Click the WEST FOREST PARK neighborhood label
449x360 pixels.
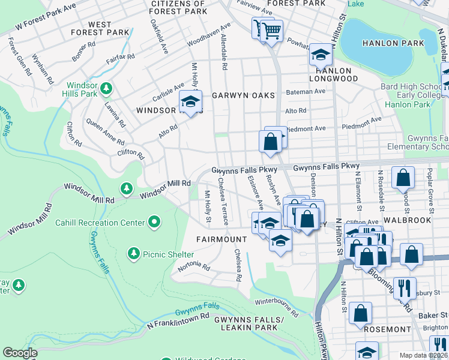(99, 28)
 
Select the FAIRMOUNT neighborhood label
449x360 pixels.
(221, 239)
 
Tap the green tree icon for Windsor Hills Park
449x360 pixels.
(106, 89)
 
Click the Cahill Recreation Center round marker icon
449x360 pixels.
(155, 223)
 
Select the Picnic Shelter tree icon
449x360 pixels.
(133, 254)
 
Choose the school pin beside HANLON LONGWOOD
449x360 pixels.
(321, 56)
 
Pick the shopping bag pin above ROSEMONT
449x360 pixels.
(360, 313)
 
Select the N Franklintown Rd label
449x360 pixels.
(178, 321)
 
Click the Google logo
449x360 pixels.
(20, 353)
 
